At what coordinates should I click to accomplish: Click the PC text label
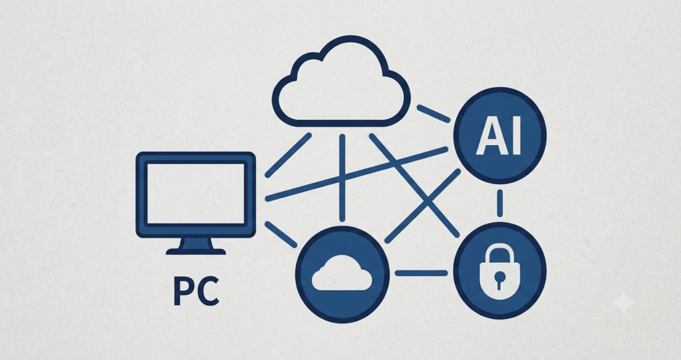coord(196,291)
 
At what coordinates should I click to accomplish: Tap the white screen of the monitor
coord(196,194)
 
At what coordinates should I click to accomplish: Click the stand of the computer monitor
coord(196,246)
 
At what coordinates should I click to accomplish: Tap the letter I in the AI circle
coord(515,136)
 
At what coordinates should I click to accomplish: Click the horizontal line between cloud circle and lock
coord(421,273)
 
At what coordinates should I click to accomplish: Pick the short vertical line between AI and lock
coord(500,202)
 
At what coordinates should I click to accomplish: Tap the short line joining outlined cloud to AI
coord(434,114)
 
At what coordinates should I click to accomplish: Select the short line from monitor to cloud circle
coord(281,235)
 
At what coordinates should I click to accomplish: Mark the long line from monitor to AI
coord(356,174)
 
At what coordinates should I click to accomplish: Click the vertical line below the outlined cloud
coord(342,178)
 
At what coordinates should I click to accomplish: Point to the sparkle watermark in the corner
coord(622,303)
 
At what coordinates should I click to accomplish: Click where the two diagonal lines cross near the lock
coord(428,202)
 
